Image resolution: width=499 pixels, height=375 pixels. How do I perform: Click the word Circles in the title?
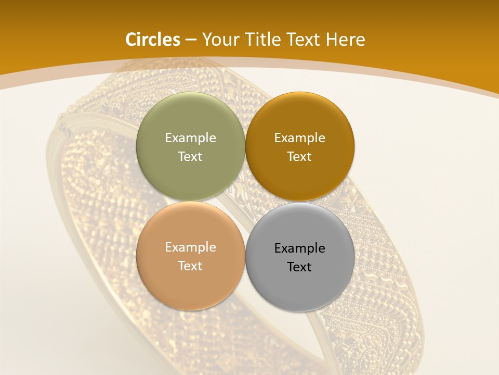[x=153, y=40]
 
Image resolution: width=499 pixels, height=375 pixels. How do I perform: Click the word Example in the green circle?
[x=190, y=138]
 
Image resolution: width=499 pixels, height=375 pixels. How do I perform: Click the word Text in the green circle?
[x=190, y=157]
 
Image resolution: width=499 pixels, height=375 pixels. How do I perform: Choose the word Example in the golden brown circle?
[x=299, y=138]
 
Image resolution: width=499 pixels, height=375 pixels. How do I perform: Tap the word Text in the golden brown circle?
[x=299, y=157]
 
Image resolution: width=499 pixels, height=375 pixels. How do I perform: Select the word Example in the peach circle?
[x=190, y=247]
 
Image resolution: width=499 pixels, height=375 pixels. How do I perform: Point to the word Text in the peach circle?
[x=190, y=266]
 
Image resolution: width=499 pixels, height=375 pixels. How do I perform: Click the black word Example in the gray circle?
[x=299, y=248]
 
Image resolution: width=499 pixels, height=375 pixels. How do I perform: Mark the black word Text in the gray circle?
[x=299, y=267]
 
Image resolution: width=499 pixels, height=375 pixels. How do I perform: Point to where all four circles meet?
[x=245, y=202]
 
